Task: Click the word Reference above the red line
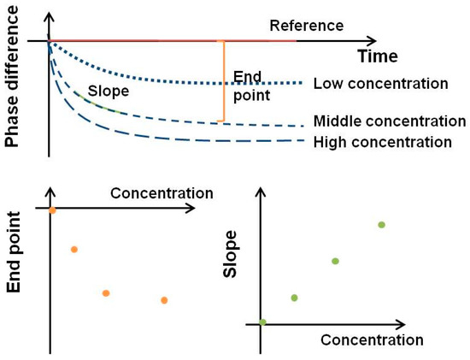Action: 306,26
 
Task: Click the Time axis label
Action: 377,57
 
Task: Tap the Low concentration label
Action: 381,84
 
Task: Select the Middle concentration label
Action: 389,121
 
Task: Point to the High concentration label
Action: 382,142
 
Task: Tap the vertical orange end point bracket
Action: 224,80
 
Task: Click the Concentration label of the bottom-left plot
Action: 162,193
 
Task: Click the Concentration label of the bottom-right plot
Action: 372,339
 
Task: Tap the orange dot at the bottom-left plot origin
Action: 52,209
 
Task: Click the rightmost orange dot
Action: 164,300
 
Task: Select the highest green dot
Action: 381,225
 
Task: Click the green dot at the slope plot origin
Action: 262,322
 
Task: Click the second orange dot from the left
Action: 74,250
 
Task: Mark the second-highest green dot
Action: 335,261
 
